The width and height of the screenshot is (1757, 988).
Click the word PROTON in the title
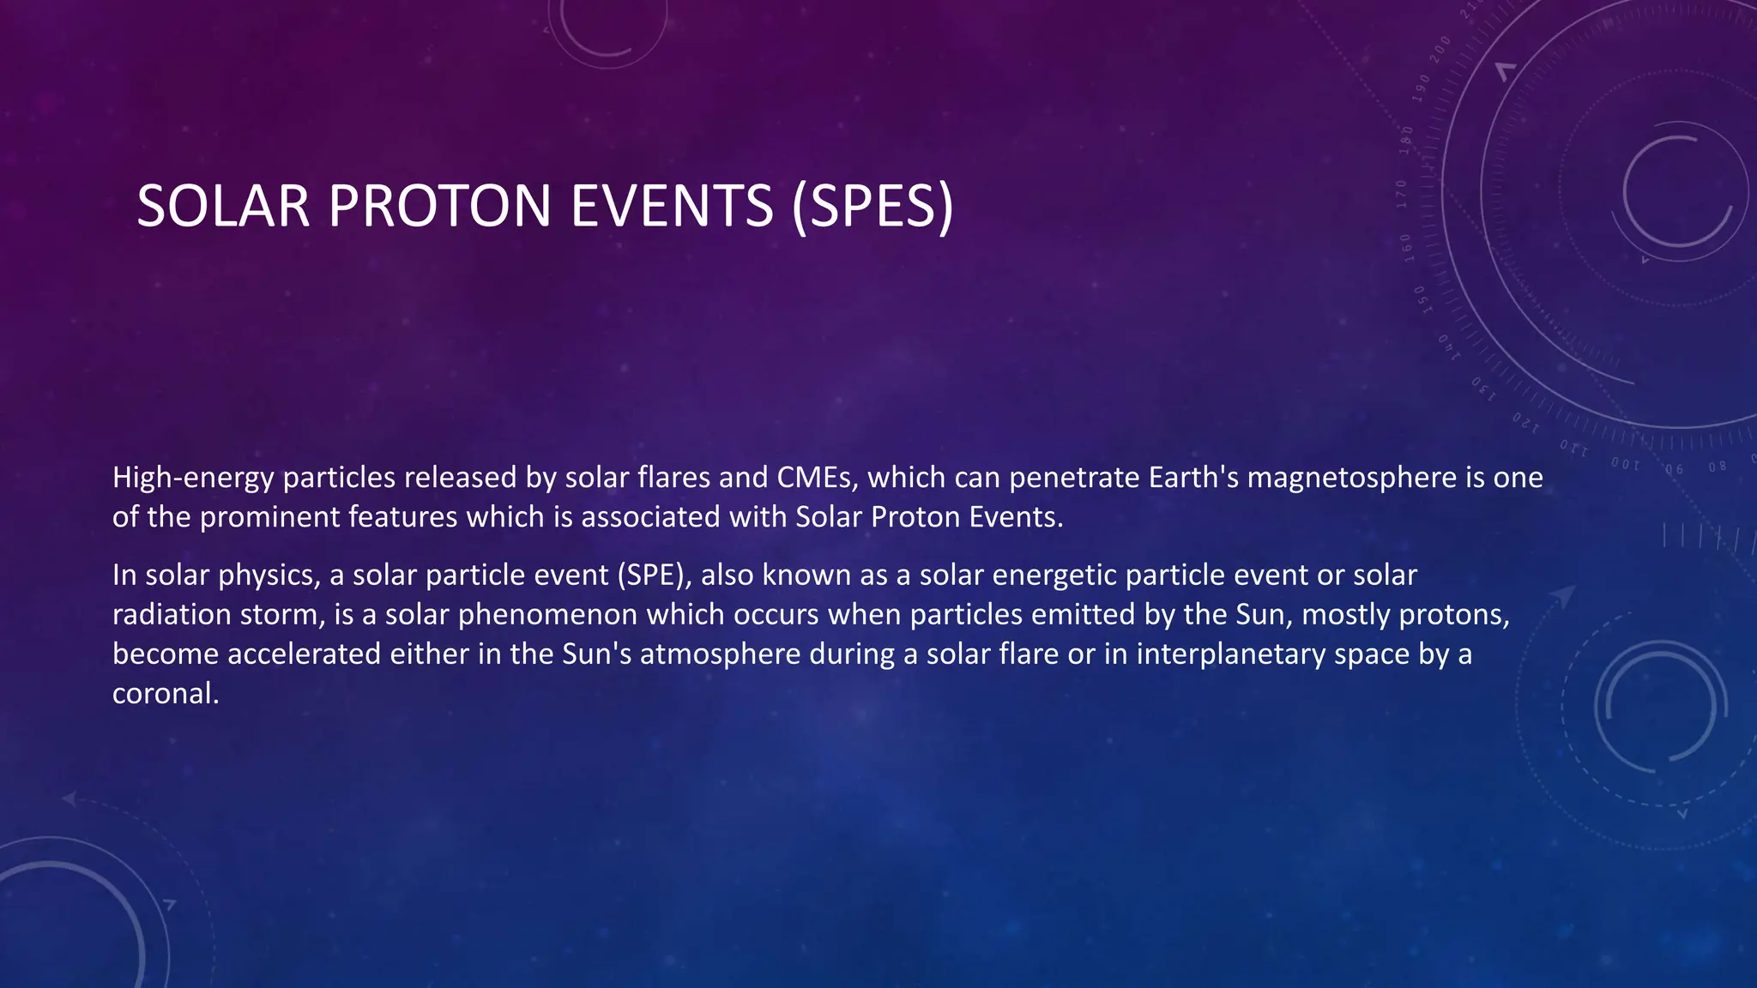pos(438,207)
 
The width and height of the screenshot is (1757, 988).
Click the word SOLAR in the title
pos(223,207)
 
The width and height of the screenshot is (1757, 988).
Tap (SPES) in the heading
pos(872,207)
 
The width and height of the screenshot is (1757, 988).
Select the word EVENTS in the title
pos(672,207)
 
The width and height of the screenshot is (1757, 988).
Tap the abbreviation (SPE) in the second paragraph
pos(654,575)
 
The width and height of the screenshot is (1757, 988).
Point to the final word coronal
pos(166,694)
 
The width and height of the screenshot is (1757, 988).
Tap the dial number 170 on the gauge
pos(1401,195)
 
